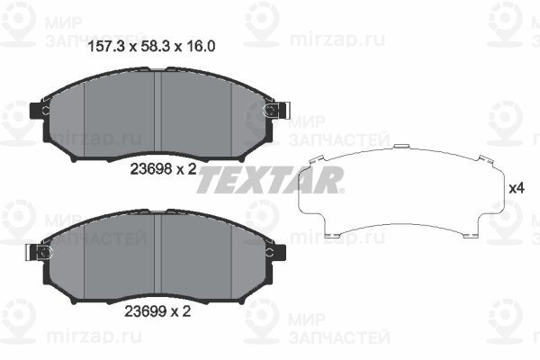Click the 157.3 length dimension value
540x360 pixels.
point(106,46)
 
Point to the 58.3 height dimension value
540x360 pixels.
point(156,46)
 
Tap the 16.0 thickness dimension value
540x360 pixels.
point(202,46)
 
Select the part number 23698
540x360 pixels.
point(151,169)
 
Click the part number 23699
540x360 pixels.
point(145,311)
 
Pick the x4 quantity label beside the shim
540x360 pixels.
point(517,188)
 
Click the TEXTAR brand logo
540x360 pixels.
point(270,180)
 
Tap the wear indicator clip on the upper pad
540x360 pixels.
point(277,110)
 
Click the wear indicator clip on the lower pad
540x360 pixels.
point(39,253)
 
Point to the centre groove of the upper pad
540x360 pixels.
point(157,112)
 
